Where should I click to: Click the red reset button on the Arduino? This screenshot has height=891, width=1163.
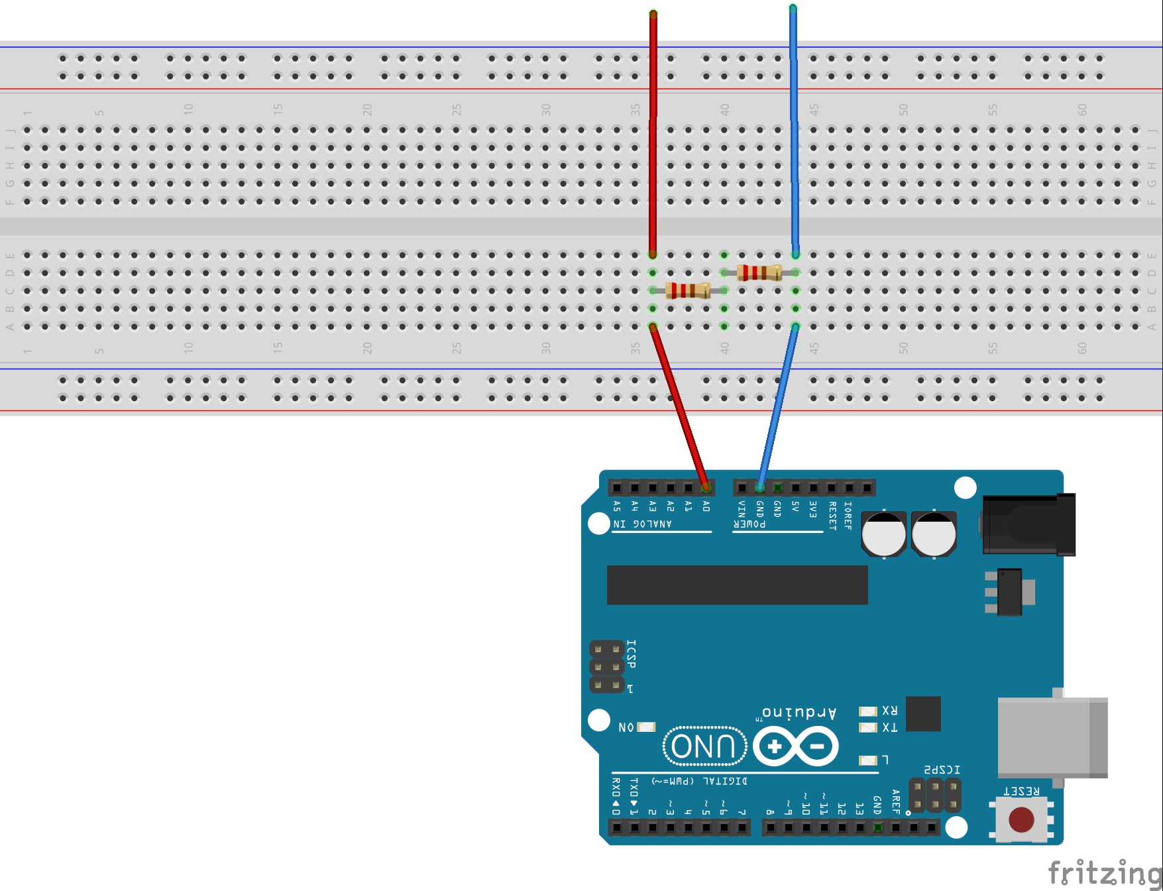pos(1021,819)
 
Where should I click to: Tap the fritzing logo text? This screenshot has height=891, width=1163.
pos(1103,872)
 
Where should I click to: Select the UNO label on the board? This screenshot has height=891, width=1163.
pos(704,746)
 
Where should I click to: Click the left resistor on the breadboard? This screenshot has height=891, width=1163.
pos(688,290)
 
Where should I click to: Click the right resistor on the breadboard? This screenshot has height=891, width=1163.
pos(759,272)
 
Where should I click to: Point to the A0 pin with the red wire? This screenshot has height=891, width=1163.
pos(706,488)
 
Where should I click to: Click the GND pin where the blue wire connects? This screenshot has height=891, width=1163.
pos(759,488)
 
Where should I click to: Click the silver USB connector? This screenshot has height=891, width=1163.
pos(1052,737)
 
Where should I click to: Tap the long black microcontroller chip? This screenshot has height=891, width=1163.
pos(737,585)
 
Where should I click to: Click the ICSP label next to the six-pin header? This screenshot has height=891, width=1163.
pos(632,654)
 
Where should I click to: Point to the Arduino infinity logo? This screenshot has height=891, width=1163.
pos(795,746)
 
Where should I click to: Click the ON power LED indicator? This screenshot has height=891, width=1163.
pos(646,727)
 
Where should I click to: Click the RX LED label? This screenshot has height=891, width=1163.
pos(889,711)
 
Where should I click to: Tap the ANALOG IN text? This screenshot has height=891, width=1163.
pos(643,524)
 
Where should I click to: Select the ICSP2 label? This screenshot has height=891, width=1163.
pos(942,770)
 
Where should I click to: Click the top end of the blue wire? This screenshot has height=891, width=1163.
pos(793,9)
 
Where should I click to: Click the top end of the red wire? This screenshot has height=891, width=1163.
pos(653,13)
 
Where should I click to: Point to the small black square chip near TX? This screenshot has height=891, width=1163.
pos(923,714)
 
